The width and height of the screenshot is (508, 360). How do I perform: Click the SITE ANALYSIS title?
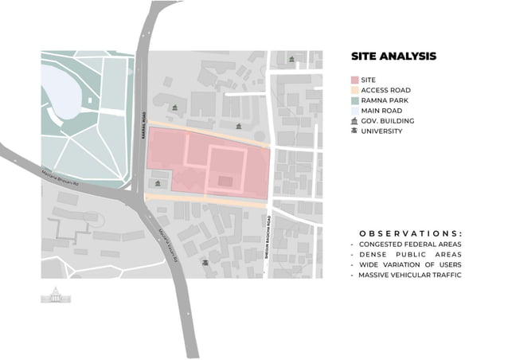coord(393,57)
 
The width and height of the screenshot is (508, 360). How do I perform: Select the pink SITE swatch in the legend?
coord(354,80)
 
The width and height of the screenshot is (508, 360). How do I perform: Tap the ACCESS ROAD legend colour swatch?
coord(354,91)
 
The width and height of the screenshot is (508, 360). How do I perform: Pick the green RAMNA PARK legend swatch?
coord(354,101)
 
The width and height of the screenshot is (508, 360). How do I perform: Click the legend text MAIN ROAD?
coord(381,111)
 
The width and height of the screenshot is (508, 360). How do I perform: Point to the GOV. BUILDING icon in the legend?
coord(354,121)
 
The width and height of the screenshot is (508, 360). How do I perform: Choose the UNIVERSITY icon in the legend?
coord(354,131)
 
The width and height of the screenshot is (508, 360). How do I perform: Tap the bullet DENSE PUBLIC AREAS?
coord(403,254)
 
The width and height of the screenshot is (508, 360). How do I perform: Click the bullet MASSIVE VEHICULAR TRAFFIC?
coord(409,275)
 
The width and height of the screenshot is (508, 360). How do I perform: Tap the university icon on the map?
coord(206,261)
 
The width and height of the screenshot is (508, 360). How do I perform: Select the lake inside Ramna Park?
coord(61,90)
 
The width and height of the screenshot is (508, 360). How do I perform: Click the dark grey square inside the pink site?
coord(226,182)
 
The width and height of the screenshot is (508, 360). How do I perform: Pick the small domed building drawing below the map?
coord(56,295)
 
